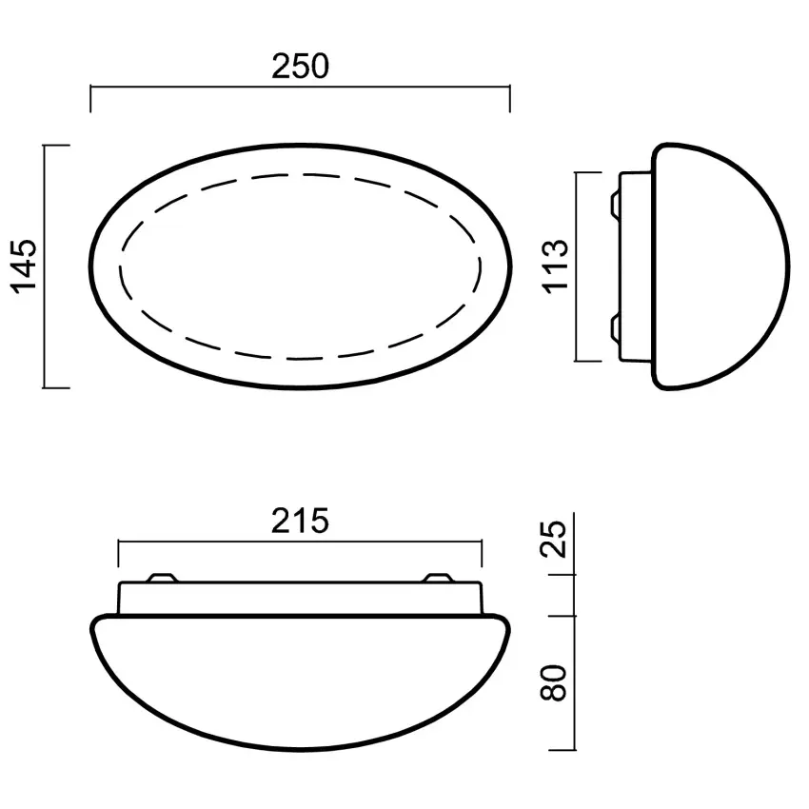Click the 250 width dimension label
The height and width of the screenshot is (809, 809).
coord(300,67)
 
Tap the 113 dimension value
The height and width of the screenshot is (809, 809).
coord(557,266)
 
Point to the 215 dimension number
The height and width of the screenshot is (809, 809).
coord(300,521)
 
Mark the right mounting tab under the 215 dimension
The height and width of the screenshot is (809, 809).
coord(440,578)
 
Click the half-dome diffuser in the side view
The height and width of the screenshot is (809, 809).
coord(723,266)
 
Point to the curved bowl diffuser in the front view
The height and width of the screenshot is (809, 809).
coord(300,676)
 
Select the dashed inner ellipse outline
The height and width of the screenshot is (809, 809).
coord(300,175)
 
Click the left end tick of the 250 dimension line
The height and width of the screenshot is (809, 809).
coord(90,98)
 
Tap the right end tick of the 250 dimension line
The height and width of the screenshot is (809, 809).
coord(510,98)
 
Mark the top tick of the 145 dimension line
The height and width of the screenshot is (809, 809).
coord(57,146)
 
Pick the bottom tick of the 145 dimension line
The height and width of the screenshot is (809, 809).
coord(57,388)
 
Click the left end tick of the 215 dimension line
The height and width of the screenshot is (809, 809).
coord(118,553)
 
